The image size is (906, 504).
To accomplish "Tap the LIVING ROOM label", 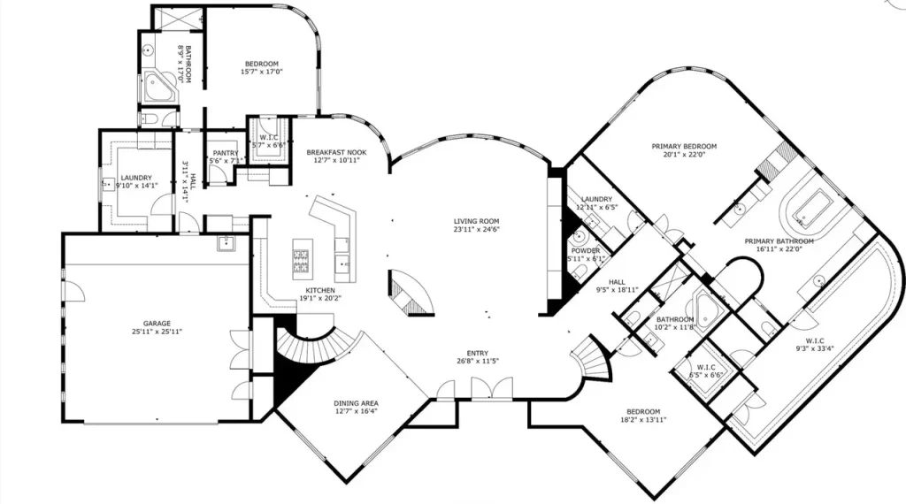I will [477, 221].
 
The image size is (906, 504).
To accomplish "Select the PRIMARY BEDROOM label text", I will [684, 146].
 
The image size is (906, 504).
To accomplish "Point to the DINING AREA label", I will [357, 402].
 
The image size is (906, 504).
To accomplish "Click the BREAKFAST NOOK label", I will [336, 151].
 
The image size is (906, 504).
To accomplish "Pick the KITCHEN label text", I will [319, 290].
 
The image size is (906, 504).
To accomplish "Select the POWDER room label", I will [585, 251].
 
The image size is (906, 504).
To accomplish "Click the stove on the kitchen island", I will [302, 259].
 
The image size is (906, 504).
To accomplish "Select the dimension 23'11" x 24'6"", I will [477, 230].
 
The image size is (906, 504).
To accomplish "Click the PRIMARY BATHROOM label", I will [779, 241].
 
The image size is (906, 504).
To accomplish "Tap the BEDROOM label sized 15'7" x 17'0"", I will [262, 64].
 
